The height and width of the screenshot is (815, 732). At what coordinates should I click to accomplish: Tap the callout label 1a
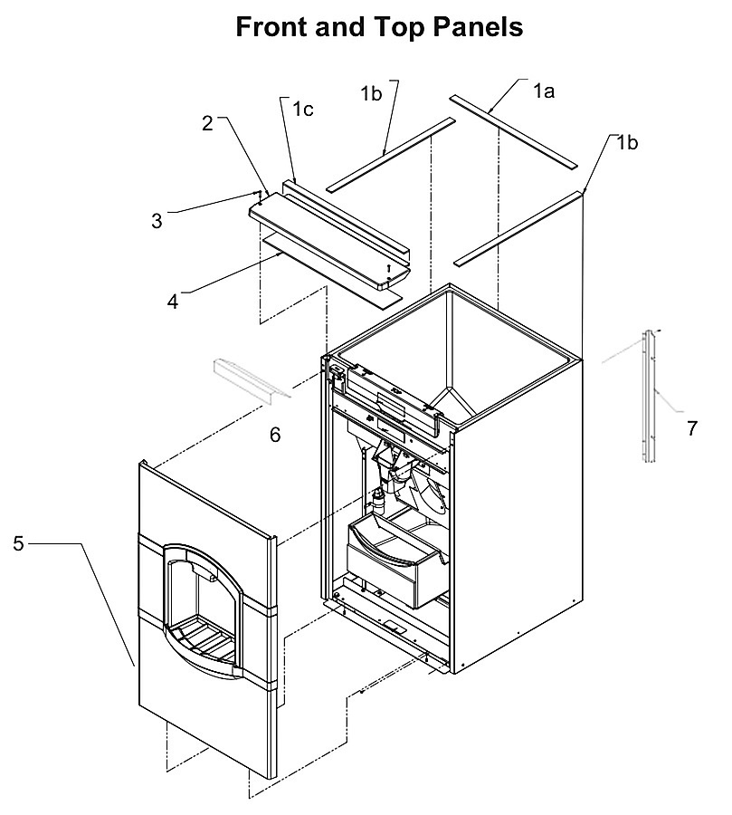(544, 91)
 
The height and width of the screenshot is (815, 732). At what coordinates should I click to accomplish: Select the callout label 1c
(303, 110)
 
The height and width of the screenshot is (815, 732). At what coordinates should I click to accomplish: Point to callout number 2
(207, 123)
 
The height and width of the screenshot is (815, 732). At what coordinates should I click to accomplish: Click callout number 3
(157, 221)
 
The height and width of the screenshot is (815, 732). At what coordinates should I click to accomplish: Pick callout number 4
(173, 302)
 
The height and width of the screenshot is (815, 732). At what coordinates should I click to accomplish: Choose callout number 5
(19, 543)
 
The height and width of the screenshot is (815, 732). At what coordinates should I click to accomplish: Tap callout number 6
(275, 435)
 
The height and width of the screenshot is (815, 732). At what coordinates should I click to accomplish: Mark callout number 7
(691, 428)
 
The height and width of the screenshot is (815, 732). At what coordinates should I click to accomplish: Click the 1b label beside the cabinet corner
(627, 142)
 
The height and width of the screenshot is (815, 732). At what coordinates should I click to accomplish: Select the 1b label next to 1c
(372, 93)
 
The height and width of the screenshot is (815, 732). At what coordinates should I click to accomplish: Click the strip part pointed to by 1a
(513, 131)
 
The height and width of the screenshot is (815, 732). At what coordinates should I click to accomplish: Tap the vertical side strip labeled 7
(649, 396)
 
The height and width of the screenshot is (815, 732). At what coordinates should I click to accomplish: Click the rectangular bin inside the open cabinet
(395, 561)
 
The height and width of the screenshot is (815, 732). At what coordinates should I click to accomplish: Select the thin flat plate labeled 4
(332, 272)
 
